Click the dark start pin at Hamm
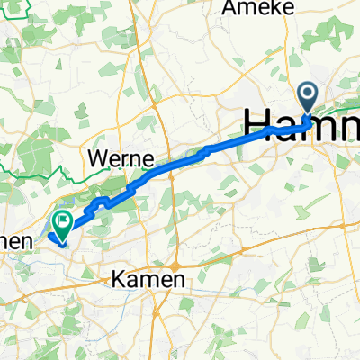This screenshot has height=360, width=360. tap(308, 95)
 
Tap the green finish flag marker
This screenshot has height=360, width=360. tap(64, 221)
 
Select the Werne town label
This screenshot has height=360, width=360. tap(120, 158)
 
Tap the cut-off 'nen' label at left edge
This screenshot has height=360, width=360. tap(16, 242)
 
